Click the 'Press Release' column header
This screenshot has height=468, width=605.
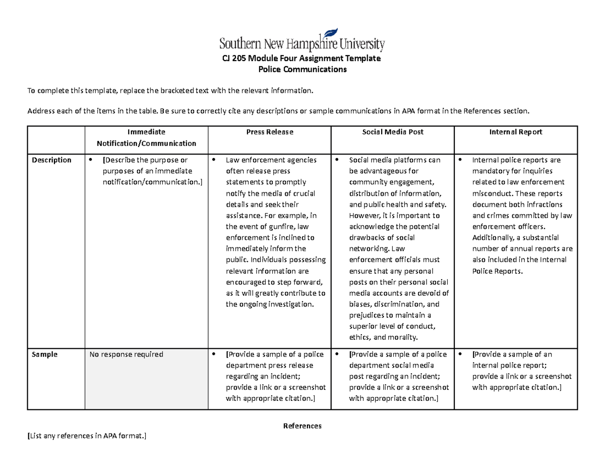pos(269,132)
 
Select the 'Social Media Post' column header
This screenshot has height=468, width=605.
pos(393,132)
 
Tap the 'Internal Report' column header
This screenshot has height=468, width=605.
pos(516,132)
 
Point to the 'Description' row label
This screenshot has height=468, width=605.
pos(51,160)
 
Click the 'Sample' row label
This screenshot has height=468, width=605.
pos(44,354)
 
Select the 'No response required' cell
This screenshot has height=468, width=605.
pos(126,354)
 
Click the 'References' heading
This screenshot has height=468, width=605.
pos(302,426)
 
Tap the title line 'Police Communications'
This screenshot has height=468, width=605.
pos(302,70)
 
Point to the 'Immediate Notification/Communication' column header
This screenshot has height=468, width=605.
pos(146,137)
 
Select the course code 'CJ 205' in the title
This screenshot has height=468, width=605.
pos(235,59)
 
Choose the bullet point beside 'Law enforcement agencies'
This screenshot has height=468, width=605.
pos(214,160)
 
